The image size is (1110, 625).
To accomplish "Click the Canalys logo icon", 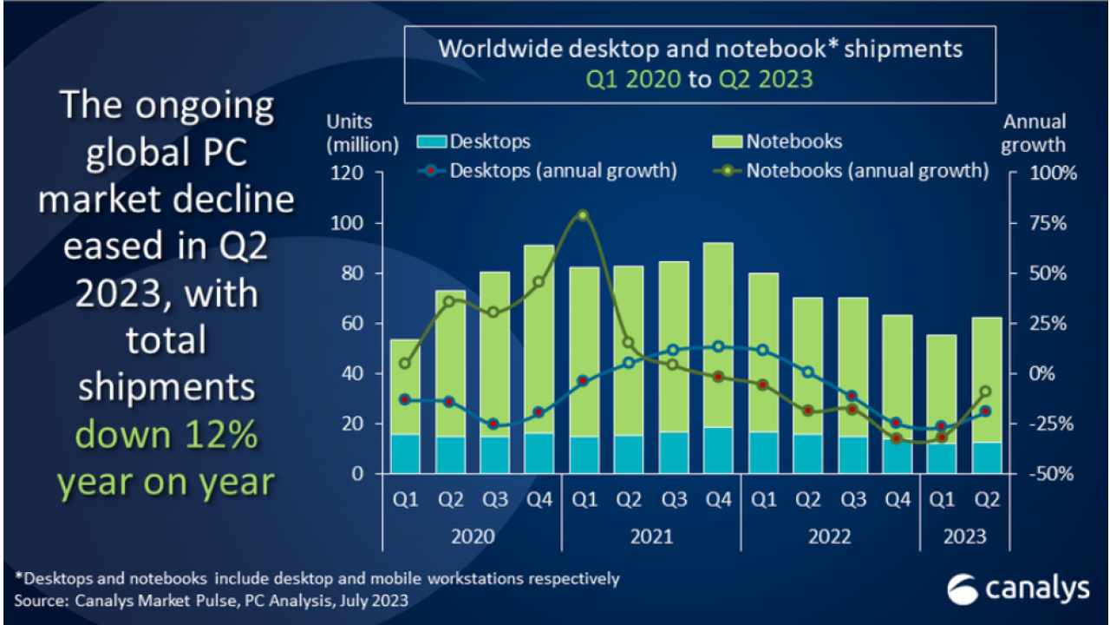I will pyautogui.click(x=963, y=589).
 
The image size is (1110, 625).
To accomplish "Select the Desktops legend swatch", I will pyautogui.click(x=432, y=141).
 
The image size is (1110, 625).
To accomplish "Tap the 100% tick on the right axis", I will pyautogui.click(x=1054, y=173).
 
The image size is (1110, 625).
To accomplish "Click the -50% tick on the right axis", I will pyautogui.click(x=1054, y=474).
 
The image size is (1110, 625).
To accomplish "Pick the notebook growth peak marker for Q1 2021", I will pyautogui.click(x=584, y=215).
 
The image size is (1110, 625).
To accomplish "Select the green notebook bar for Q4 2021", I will pyautogui.click(x=719, y=334).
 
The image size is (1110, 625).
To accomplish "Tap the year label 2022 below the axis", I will pyautogui.click(x=830, y=536).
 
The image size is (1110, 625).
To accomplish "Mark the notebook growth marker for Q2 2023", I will pyautogui.click(x=985, y=391).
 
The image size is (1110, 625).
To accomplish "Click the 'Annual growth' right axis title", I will pyautogui.click(x=1034, y=133).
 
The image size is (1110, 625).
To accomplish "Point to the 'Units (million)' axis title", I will pyautogui.click(x=362, y=133).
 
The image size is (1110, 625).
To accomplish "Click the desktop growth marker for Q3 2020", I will pyautogui.click(x=493, y=424).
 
